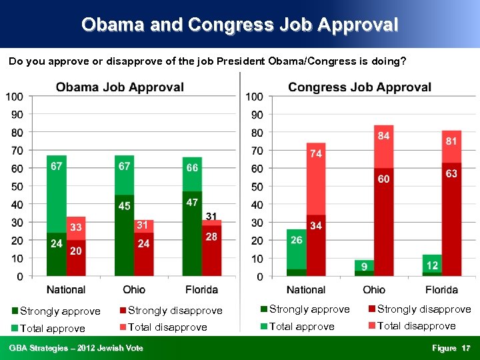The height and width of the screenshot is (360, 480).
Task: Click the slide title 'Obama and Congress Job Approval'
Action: click(239, 25)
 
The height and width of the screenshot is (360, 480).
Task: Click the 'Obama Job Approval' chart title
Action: click(120, 87)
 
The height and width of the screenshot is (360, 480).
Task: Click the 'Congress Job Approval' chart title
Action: click(359, 87)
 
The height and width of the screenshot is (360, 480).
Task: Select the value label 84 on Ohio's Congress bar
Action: click(384, 135)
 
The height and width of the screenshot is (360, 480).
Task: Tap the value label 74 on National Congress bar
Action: click(316, 153)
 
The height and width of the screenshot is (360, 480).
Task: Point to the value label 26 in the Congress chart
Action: click(296, 239)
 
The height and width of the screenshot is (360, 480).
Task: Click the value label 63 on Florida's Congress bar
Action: click(451, 174)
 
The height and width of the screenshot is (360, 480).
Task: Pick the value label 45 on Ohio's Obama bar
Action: click(125, 206)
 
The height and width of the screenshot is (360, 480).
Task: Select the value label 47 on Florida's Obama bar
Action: click(192, 202)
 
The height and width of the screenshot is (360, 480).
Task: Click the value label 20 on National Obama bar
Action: click(76, 251)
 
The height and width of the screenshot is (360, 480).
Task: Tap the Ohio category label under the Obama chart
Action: click(134, 289)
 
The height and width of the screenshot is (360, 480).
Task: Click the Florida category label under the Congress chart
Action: click(441, 289)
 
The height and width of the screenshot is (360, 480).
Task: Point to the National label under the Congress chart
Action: click(306, 289)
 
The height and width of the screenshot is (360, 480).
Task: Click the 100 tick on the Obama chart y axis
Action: click(15, 97)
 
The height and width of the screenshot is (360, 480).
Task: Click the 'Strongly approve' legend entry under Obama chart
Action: click(60, 311)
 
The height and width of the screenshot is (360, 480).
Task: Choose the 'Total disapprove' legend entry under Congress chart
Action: click(416, 326)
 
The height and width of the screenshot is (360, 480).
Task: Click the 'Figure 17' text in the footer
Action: click(451, 348)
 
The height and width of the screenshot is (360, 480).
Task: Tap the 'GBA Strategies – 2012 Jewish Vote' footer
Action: click(76, 348)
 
